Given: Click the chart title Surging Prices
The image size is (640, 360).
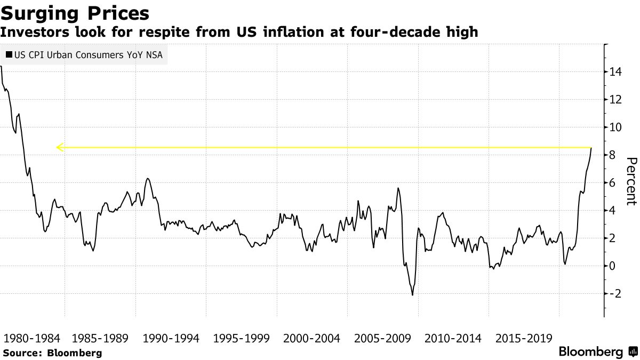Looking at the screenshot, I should pyautogui.click(x=75, y=13).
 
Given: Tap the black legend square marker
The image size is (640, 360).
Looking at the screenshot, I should pyautogui.click(x=9, y=54).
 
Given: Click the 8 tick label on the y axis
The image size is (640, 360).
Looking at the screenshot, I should pyautogui.click(x=613, y=155).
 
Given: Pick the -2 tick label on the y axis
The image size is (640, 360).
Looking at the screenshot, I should pyautogui.click(x=615, y=294).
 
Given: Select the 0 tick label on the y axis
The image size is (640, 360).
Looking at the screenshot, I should pyautogui.click(x=613, y=266).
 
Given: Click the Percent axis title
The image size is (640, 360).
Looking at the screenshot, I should pyautogui.click(x=631, y=181).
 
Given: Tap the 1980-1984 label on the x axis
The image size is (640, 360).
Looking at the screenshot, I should pyautogui.click(x=33, y=339).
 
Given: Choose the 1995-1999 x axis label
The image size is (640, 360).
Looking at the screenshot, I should pyautogui.click(x=241, y=339).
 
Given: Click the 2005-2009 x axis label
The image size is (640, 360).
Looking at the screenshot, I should pyautogui.click(x=382, y=339).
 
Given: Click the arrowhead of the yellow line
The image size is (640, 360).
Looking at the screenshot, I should pyautogui.click(x=59, y=147).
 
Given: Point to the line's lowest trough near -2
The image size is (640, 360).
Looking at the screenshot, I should pyautogui.click(x=412, y=294).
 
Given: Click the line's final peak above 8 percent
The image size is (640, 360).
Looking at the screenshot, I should pyautogui.click(x=591, y=148).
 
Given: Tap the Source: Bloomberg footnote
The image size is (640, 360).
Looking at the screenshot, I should pyautogui.click(x=52, y=353).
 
